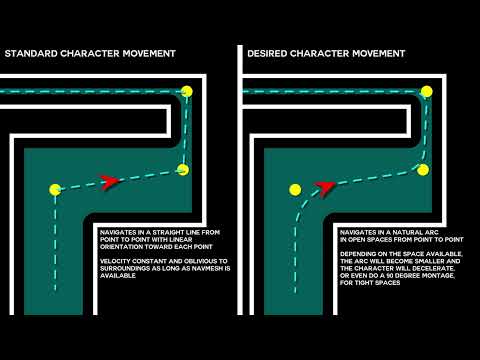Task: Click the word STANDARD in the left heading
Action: click(x=31, y=53)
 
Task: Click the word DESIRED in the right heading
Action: click(x=267, y=53)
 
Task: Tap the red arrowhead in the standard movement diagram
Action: click(x=110, y=182)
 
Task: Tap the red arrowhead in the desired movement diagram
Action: click(x=325, y=188)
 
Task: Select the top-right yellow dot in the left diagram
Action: click(x=187, y=91)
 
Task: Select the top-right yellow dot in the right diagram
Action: click(x=427, y=91)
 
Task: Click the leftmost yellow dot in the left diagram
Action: click(x=55, y=190)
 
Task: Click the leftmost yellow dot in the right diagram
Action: click(x=295, y=190)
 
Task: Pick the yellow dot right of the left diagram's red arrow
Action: click(x=183, y=170)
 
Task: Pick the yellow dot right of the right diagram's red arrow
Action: click(x=423, y=170)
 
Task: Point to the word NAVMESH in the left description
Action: click(x=206, y=268)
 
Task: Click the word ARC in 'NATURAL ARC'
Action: click(x=432, y=232)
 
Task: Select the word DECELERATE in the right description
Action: click(x=433, y=268)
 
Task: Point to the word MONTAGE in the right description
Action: click(x=439, y=276)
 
